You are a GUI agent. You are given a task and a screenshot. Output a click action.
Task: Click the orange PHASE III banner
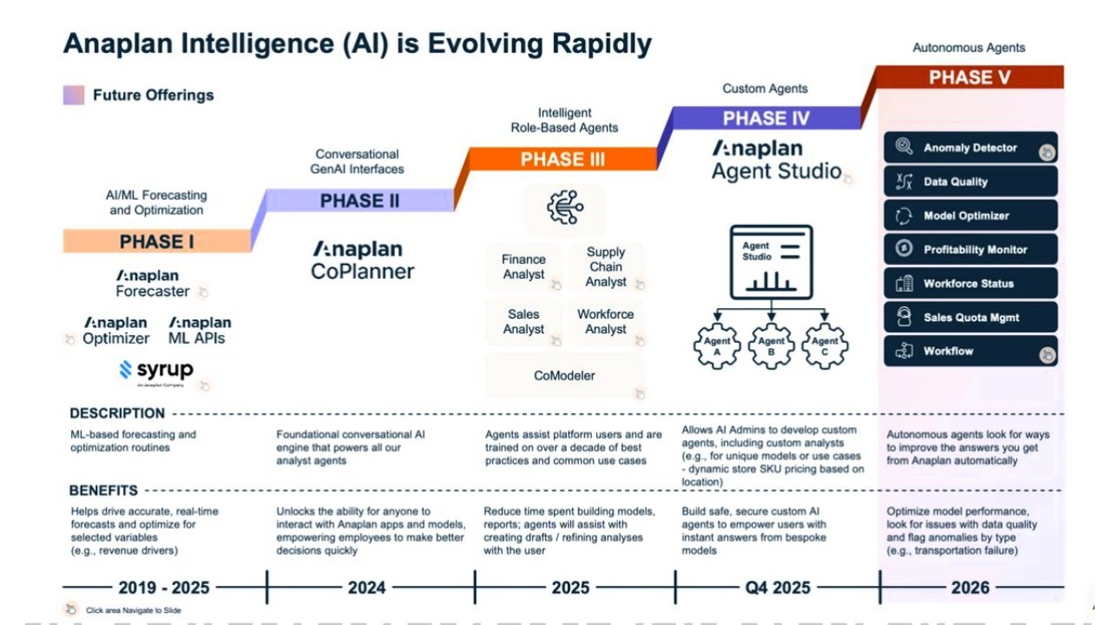point(562,159)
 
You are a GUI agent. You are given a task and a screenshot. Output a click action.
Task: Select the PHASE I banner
point(157,241)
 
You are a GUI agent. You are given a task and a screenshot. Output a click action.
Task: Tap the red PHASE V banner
point(970,77)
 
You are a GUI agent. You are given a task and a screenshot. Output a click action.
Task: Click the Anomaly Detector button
point(970,148)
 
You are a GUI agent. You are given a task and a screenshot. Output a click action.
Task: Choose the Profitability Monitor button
point(970,249)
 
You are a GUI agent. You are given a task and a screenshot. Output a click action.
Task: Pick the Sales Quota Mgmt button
point(970,317)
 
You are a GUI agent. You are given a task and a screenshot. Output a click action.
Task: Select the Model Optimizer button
point(970,215)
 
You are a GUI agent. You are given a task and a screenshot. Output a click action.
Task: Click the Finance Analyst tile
point(523,266)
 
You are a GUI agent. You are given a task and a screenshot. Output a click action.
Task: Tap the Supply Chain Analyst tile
point(606,266)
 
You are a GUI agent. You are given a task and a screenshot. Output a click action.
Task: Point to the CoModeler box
point(564,375)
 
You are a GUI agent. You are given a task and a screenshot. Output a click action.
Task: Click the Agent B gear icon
point(771,346)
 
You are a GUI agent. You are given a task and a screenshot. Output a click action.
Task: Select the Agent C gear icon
point(825,346)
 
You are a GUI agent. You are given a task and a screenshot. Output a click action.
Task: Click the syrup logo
point(156,371)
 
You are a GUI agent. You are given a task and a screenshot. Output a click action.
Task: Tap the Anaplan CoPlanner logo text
point(362,260)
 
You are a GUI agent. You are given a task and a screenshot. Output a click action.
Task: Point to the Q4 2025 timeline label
point(777,588)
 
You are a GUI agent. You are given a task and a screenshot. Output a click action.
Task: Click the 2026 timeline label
point(970,588)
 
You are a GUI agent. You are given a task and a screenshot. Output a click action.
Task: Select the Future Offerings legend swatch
point(74,95)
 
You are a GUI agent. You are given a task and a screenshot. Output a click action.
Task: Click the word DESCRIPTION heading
point(117,413)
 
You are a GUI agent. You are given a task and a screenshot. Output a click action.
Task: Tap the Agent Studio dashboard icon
point(771,261)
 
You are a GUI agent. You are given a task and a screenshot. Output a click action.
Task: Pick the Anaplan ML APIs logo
point(200,331)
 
